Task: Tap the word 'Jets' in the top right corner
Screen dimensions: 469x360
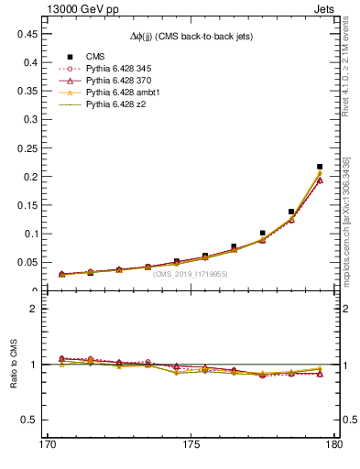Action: tap(325, 8)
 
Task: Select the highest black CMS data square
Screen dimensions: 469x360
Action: tap(319, 167)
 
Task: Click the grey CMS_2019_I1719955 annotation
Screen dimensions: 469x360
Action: tap(191, 274)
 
